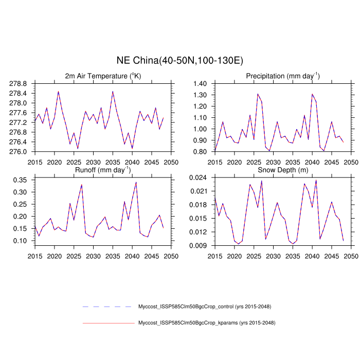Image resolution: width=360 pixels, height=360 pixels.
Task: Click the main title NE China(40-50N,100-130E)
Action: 180,61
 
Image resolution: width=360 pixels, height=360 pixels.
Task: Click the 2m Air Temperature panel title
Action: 103,76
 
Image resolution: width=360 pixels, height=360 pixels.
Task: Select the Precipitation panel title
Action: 283,76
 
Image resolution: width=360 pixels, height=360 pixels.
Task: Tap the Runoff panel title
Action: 103,170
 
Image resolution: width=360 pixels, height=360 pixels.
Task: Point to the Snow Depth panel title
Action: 283,170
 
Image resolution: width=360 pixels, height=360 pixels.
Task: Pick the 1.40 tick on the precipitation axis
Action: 200,83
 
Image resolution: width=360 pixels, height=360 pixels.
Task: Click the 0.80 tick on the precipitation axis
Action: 200,152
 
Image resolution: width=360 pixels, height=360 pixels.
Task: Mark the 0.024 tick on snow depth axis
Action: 199,177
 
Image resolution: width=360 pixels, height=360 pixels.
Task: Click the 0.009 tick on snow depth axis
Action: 199,245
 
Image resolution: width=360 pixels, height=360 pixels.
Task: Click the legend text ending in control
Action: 205,307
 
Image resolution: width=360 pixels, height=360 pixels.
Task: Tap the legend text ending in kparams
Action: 207,323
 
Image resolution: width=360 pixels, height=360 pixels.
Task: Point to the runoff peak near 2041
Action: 136,182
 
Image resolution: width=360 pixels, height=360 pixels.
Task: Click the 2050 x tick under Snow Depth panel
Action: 351,256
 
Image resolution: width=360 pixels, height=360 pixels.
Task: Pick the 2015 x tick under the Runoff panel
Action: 35,256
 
